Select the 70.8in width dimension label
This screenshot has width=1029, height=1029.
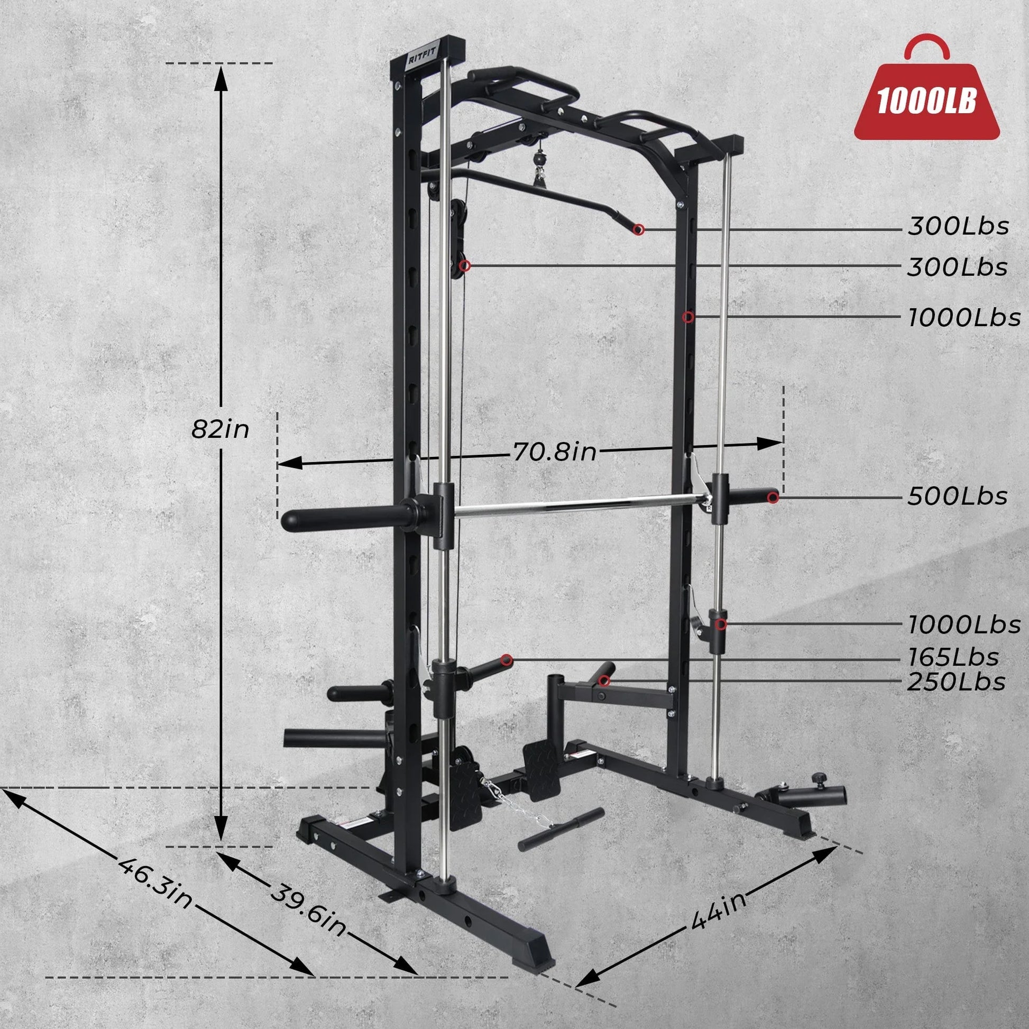[x=554, y=452]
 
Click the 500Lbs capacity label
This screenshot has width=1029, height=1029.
[x=957, y=497]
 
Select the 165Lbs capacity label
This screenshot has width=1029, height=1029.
[x=953, y=657]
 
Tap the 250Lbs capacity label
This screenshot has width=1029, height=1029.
[x=956, y=682]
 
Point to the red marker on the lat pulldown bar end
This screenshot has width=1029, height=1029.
[x=639, y=229]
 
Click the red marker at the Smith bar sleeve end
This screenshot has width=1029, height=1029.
[x=773, y=497]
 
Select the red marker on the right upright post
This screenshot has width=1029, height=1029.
[x=688, y=317]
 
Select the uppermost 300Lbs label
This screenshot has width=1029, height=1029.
[x=958, y=227]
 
